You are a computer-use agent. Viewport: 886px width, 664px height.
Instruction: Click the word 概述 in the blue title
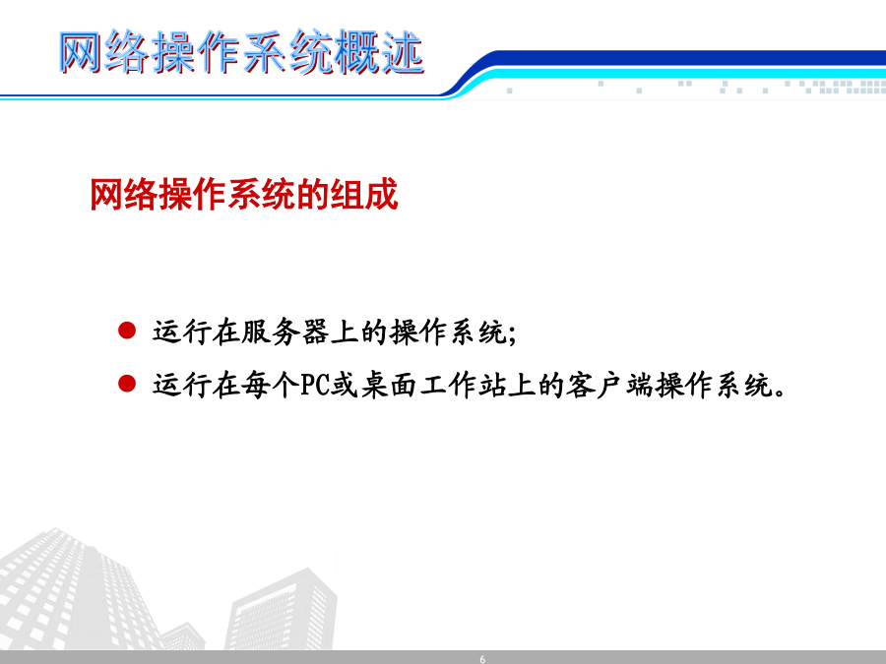[x=379, y=52]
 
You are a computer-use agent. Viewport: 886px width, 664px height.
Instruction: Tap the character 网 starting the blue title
[x=81, y=52]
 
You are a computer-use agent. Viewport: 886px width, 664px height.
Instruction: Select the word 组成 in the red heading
[x=364, y=195]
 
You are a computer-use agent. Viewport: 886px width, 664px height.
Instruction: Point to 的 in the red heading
[x=313, y=195]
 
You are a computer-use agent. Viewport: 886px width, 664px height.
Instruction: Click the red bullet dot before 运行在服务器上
[x=127, y=331]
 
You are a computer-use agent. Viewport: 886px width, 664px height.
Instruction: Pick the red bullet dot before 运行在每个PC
[x=127, y=384]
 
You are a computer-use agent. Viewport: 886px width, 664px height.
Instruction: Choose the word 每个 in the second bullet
[x=270, y=385]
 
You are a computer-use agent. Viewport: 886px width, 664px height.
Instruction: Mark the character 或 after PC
[x=344, y=385]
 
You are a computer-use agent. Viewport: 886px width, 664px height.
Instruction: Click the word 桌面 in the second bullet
[x=389, y=385]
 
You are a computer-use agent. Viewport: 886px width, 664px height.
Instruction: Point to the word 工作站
[x=463, y=385]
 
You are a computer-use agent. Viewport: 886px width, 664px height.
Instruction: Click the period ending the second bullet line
[x=780, y=392]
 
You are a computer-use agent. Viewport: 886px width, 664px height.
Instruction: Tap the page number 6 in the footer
[x=482, y=659]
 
